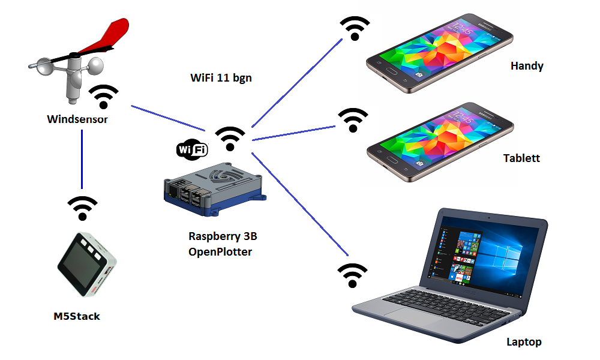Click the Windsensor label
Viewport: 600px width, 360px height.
(77, 119)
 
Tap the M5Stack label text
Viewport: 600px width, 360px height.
(77, 316)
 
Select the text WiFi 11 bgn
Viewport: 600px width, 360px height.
(220, 77)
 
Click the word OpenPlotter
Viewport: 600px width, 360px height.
(220, 251)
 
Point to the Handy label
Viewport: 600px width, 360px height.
(527, 66)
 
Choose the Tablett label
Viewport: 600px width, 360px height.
(521, 158)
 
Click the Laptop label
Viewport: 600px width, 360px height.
(524, 342)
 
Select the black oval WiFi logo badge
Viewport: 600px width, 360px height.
(192, 149)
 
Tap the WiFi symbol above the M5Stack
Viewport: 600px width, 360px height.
(83, 207)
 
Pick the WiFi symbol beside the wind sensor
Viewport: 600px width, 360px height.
(104, 96)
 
